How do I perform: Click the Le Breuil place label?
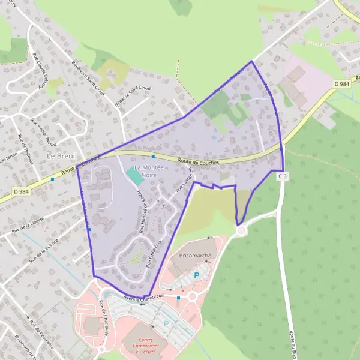point(59,155)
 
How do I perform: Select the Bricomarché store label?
point(191,255)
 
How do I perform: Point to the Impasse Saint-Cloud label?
point(133,93)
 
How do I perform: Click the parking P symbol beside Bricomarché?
point(196,275)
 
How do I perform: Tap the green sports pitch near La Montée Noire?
point(135,176)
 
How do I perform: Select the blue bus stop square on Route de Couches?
point(153,156)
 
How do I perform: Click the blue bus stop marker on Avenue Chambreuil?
point(178,297)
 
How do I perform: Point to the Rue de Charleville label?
point(106,314)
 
